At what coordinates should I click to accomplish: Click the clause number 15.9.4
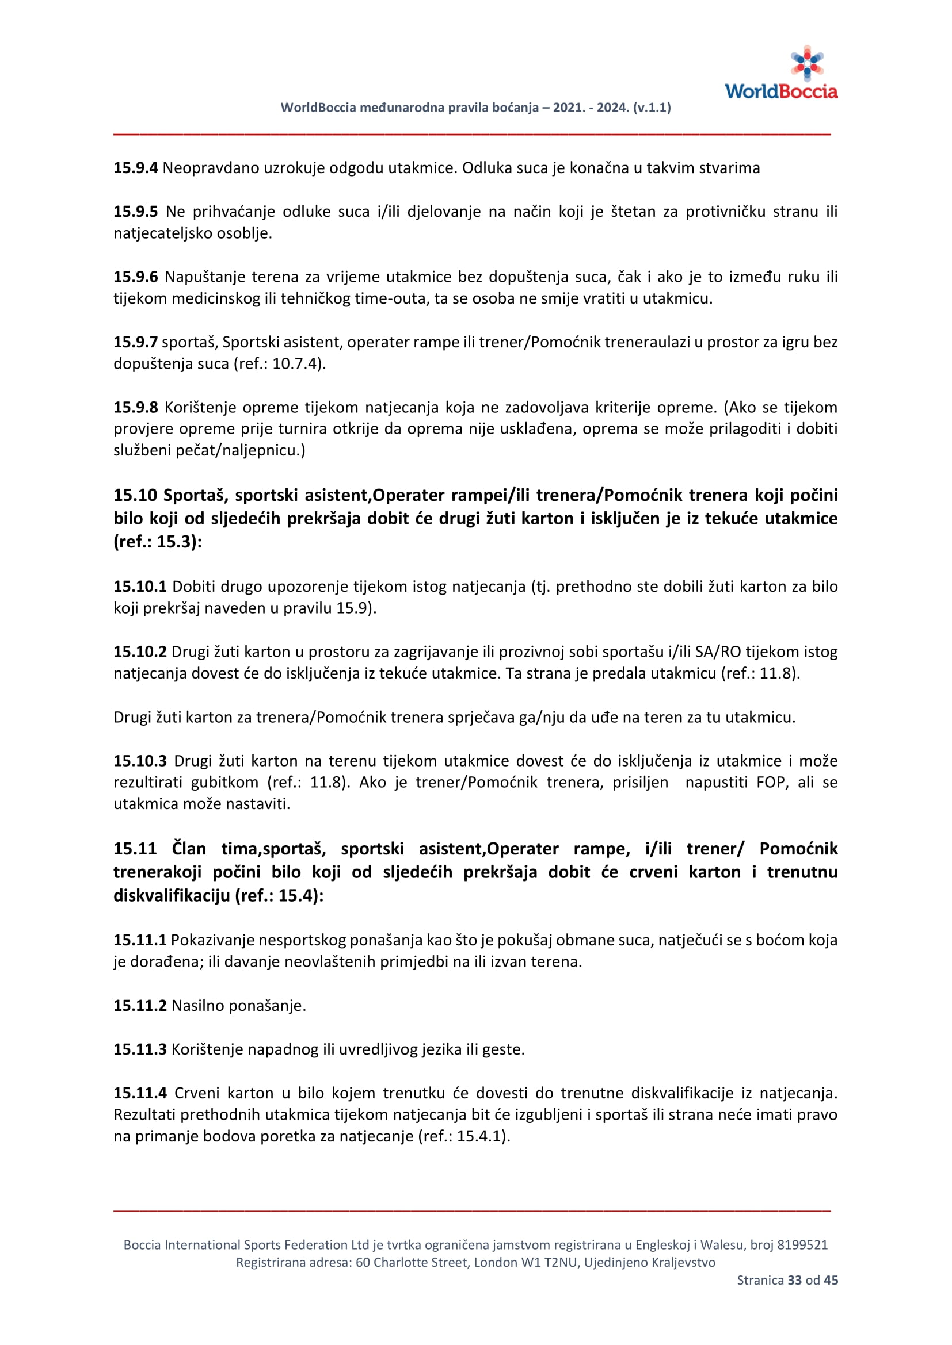[135, 168]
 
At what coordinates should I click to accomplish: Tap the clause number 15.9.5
[135, 212]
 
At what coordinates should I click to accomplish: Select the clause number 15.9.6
[135, 277]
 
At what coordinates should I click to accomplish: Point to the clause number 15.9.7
[135, 342]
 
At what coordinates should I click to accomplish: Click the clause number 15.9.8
[135, 407]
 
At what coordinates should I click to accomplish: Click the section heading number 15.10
[135, 496]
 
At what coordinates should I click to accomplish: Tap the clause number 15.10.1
[140, 587]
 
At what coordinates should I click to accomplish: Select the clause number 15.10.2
[140, 652]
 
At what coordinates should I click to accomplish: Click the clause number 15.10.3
[140, 761]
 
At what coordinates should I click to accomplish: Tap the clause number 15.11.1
[140, 940]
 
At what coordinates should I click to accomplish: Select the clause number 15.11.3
[140, 1049]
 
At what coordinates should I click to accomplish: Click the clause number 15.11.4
[140, 1093]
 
